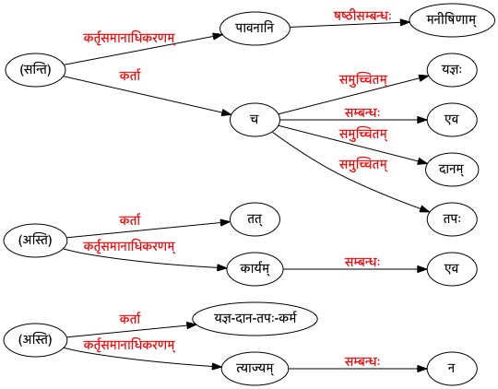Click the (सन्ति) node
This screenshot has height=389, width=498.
(35, 70)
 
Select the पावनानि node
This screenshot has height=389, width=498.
(255, 28)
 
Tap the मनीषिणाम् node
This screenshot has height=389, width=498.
(452, 20)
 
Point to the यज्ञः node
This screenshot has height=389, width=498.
(452, 70)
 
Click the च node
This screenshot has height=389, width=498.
(255, 120)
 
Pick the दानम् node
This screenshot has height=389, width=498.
(452, 170)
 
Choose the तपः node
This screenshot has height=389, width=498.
(452, 219)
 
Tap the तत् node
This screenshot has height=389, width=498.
(255, 219)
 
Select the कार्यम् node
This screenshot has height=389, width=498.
(255, 269)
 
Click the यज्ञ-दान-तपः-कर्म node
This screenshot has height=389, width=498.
(255, 319)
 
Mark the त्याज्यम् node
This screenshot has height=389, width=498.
(255, 369)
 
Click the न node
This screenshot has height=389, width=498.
(452, 369)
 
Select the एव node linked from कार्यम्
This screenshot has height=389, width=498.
(452, 269)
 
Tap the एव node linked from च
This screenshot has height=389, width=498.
(452, 120)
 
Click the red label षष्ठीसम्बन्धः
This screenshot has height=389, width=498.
(362, 16)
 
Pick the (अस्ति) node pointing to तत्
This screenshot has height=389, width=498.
(35, 241)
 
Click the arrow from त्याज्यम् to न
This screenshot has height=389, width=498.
(358, 369)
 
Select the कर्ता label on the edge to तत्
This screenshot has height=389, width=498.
(130, 220)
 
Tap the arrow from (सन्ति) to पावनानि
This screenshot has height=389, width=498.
(143, 49)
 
